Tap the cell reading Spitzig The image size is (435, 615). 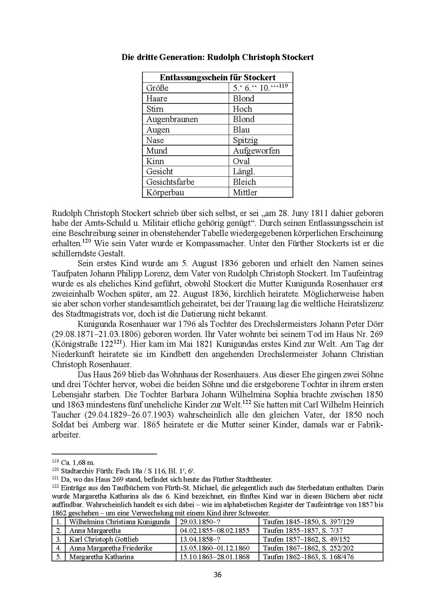245,140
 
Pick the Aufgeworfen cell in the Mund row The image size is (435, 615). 256,151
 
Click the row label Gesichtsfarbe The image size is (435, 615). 170,182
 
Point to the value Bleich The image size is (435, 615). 244,182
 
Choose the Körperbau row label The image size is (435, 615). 165,192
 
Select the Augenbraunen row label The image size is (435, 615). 172,119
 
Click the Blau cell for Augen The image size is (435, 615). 241,130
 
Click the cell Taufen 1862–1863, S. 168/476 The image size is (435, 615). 308,557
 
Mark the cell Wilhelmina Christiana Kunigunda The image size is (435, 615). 119,522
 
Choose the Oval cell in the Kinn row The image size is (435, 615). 241,161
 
